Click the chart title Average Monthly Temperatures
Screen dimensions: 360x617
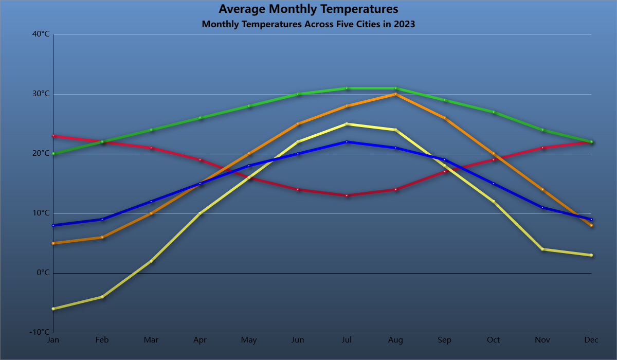[x=308, y=9]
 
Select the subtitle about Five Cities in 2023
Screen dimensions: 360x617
[x=308, y=24]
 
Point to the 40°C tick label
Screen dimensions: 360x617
[x=41, y=34]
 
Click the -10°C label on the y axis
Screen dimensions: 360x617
[x=40, y=332]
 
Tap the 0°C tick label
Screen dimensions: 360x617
[x=43, y=273]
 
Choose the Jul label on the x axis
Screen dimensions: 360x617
[x=347, y=340]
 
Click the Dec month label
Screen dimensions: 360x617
[x=591, y=340]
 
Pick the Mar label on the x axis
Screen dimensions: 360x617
[x=151, y=340]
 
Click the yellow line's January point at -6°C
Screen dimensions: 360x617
[x=53, y=309]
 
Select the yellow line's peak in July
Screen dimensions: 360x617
[x=347, y=124]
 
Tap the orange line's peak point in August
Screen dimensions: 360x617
[x=396, y=94]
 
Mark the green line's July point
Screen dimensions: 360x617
[x=347, y=88]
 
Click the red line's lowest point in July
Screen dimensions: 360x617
[x=347, y=195]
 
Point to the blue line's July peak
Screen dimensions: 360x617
[x=347, y=142]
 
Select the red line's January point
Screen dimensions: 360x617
[x=53, y=136]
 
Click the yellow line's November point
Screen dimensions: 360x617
[x=542, y=249]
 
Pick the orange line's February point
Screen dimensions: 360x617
[x=102, y=237]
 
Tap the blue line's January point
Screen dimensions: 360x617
[x=53, y=225]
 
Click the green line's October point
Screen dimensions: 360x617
[x=494, y=112]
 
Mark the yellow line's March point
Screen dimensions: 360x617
[x=151, y=261]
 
